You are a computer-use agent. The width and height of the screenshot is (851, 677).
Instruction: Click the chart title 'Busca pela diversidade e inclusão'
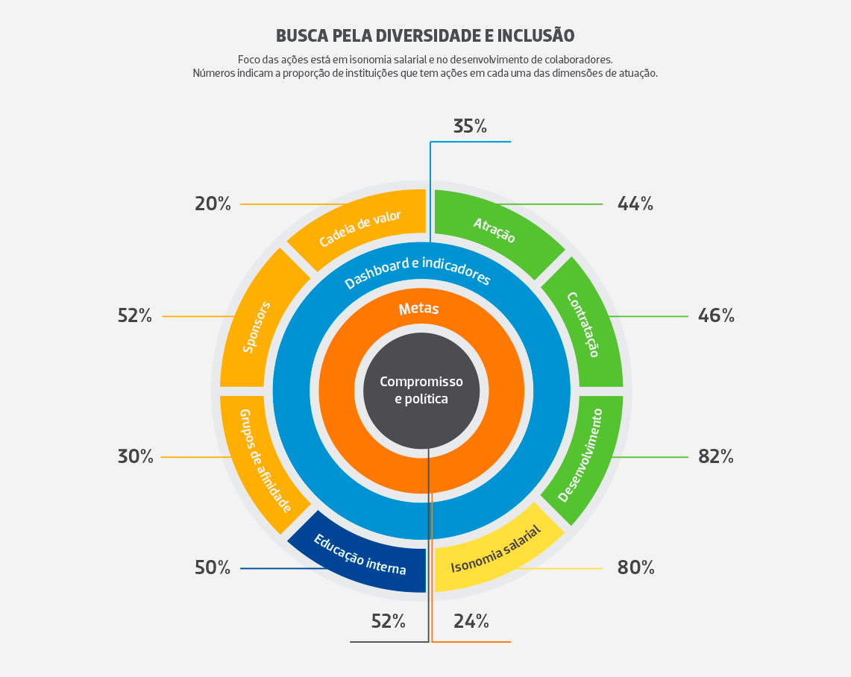(425, 36)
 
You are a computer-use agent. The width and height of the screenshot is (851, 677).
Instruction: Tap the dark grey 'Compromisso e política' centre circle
(421, 391)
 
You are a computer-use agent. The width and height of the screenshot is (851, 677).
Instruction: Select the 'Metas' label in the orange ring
(418, 309)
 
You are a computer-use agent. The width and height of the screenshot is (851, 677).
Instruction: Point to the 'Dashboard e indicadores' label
(418, 272)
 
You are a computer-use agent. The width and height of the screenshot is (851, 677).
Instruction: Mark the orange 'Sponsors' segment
(260, 324)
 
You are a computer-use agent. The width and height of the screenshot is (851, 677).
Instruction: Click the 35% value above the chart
(470, 127)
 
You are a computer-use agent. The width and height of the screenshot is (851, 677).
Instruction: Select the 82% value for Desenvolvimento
(716, 457)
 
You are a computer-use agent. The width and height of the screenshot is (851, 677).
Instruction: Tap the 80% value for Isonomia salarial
(635, 568)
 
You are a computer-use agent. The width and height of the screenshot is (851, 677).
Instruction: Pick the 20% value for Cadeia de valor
(213, 204)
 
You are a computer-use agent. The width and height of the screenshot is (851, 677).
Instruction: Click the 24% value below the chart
(471, 621)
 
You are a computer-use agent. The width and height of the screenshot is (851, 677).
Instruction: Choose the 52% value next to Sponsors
(135, 315)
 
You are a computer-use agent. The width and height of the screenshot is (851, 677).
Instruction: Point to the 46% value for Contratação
(716, 315)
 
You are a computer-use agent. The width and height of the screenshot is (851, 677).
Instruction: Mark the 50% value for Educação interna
(213, 568)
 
